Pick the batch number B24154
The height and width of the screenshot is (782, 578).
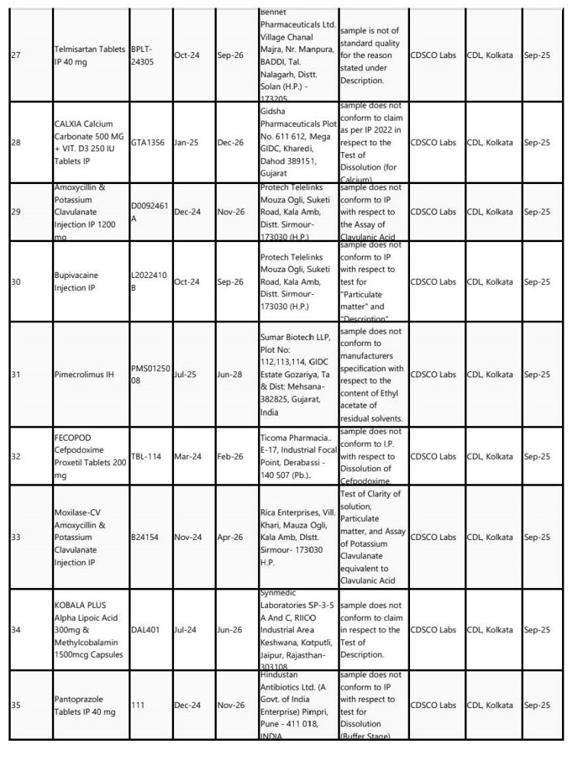144,537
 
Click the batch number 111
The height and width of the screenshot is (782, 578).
137,706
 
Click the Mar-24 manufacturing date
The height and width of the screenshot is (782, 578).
188,457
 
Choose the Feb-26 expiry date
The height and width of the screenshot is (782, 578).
230,457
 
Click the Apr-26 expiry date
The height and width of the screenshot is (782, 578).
230,537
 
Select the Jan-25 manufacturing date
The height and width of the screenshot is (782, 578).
187,142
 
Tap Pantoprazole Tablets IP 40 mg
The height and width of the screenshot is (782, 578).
84,706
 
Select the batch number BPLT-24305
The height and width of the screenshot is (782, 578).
144,56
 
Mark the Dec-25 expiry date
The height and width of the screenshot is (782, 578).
230,142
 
